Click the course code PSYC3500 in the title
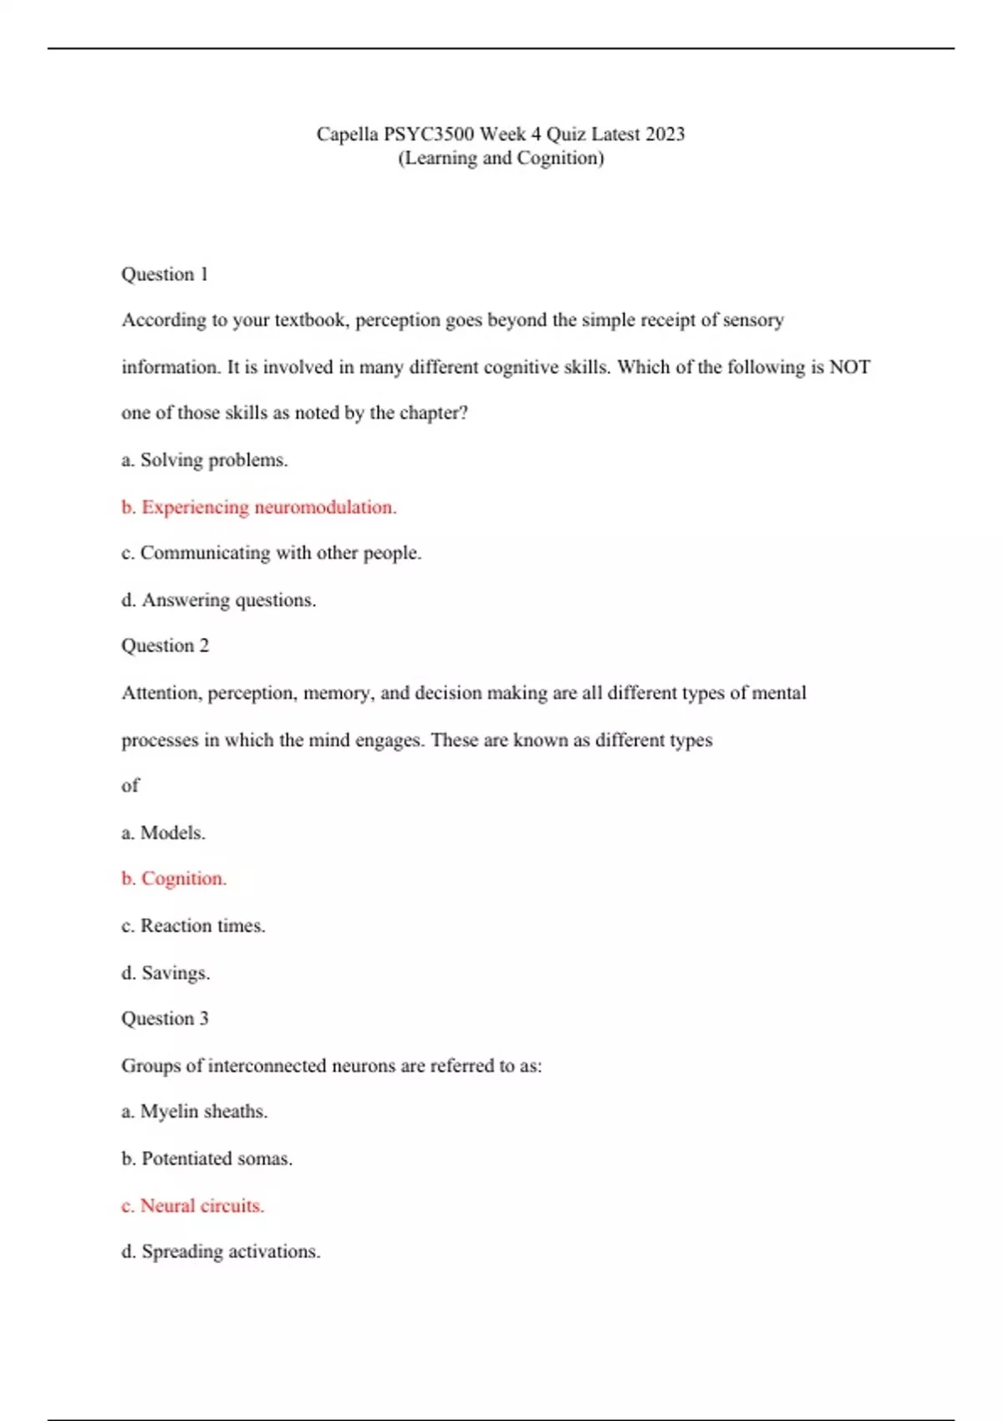pyautogui.click(x=429, y=134)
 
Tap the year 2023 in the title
pyautogui.click(x=665, y=134)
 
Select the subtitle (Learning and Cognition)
pyautogui.click(x=501, y=158)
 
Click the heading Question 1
pyautogui.click(x=165, y=274)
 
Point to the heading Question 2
pyautogui.click(x=165, y=645)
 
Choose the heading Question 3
pyautogui.click(x=165, y=1018)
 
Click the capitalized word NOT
pyautogui.click(x=849, y=367)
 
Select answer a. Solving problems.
pyautogui.click(x=205, y=460)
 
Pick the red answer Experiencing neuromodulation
pyautogui.click(x=259, y=507)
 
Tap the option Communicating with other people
pyautogui.click(x=272, y=553)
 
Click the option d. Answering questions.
pyautogui.click(x=219, y=599)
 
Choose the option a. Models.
pyautogui.click(x=163, y=833)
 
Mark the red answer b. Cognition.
pyautogui.click(x=174, y=879)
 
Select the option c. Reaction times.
pyautogui.click(x=193, y=925)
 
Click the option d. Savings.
pyautogui.click(x=165, y=973)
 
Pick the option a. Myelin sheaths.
pyautogui.click(x=195, y=1111)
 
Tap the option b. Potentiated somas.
pyautogui.click(x=206, y=1159)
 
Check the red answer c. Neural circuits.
pyautogui.click(x=193, y=1205)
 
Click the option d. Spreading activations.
pyautogui.click(x=221, y=1251)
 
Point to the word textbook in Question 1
pyautogui.click(x=310, y=320)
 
